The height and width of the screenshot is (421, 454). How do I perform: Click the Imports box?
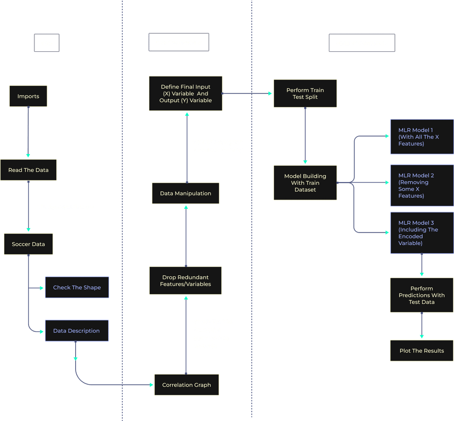click(28, 96)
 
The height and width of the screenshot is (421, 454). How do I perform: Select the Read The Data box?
click(28, 170)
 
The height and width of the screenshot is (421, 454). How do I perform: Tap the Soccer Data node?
click(28, 244)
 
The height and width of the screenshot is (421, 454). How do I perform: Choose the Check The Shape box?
click(77, 287)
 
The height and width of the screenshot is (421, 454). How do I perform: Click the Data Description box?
click(77, 330)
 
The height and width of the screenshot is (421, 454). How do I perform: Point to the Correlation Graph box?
click(186, 385)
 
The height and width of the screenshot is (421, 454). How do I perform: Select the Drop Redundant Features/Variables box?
click(185, 281)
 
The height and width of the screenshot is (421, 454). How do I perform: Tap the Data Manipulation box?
click(186, 193)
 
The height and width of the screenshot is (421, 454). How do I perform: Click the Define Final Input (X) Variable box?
click(186, 94)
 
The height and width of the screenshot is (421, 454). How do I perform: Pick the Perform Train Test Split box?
click(305, 94)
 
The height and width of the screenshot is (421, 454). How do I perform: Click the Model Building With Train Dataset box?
click(305, 183)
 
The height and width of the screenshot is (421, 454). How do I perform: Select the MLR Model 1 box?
click(422, 137)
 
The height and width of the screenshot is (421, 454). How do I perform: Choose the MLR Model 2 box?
click(422, 186)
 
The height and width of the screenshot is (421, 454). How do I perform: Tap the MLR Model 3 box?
click(422, 233)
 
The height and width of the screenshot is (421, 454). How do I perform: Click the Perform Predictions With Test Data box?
click(422, 295)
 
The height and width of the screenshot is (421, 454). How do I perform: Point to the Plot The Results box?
click(422, 351)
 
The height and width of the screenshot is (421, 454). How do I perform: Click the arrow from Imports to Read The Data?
click(28, 132)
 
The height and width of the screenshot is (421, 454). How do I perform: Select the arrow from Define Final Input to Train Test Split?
click(247, 94)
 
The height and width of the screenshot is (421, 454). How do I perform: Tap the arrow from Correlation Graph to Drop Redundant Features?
click(186, 335)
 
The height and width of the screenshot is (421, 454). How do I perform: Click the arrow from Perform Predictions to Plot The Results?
click(422, 325)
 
